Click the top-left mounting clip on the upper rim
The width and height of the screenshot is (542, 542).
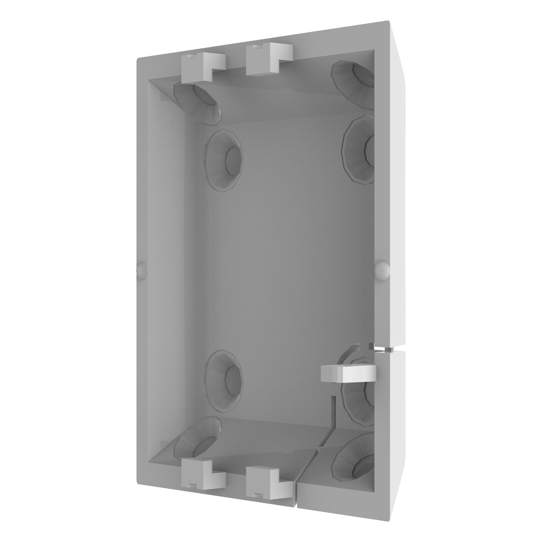(203, 67)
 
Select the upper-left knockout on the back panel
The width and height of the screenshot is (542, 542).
(225, 159)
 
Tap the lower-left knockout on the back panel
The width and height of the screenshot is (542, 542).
(225, 376)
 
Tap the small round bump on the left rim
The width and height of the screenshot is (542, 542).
(140, 270)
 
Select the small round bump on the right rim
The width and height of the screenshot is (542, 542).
(382, 269)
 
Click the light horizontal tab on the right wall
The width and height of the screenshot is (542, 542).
(348, 373)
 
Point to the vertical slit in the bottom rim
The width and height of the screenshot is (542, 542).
(297, 488)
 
